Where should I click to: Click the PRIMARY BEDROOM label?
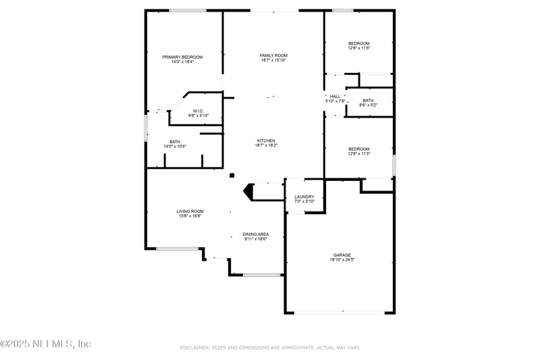(x=182, y=57)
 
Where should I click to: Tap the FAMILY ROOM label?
(x=273, y=55)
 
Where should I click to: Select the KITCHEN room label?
(x=265, y=140)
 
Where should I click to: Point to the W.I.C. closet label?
(x=198, y=111)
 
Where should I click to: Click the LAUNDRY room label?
(x=304, y=197)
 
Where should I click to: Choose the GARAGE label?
(x=342, y=255)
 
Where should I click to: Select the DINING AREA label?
(x=256, y=234)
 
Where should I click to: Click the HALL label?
(x=335, y=96)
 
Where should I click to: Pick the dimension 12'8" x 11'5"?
(x=358, y=48)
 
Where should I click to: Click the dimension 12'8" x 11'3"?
(x=358, y=153)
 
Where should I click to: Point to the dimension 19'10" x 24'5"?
(x=342, y=259)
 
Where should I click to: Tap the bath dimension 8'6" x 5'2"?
(x=368, y=105)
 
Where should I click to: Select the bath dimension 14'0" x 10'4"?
(x=175, y=146)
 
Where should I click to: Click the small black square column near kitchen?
(x=232, y=175)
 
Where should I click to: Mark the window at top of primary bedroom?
(x=188, y=10)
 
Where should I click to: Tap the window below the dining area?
(x=262, y=275)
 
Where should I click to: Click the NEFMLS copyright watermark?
(x=46, y=343)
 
